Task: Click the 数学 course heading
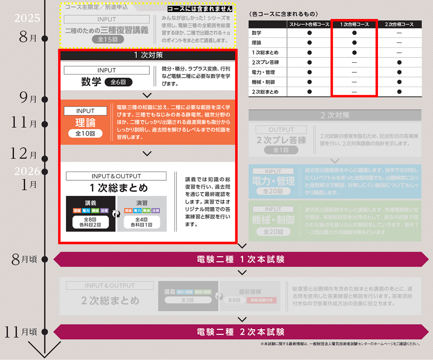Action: click(91, 82)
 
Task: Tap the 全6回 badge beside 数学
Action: click(119, 82)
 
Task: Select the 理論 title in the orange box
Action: click(85, 123)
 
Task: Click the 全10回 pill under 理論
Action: click(85, 134)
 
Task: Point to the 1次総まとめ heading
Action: click(118, 188)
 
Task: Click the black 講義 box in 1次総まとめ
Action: click(91, 213)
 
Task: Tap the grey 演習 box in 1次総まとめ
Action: click(142, 213)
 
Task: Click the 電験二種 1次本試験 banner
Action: click(241, 259)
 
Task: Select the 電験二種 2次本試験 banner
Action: click(241, 332)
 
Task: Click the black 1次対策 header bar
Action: click(147, 55)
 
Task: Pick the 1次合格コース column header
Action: click(354, 24)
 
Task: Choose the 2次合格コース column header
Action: click(399, 24)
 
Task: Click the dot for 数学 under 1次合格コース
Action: click(354, 33)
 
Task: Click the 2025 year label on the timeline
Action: click(27, 18)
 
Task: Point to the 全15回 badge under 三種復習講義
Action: click(107, 40)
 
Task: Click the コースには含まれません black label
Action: click(200, 9)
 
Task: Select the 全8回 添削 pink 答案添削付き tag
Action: click(262, 300)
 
